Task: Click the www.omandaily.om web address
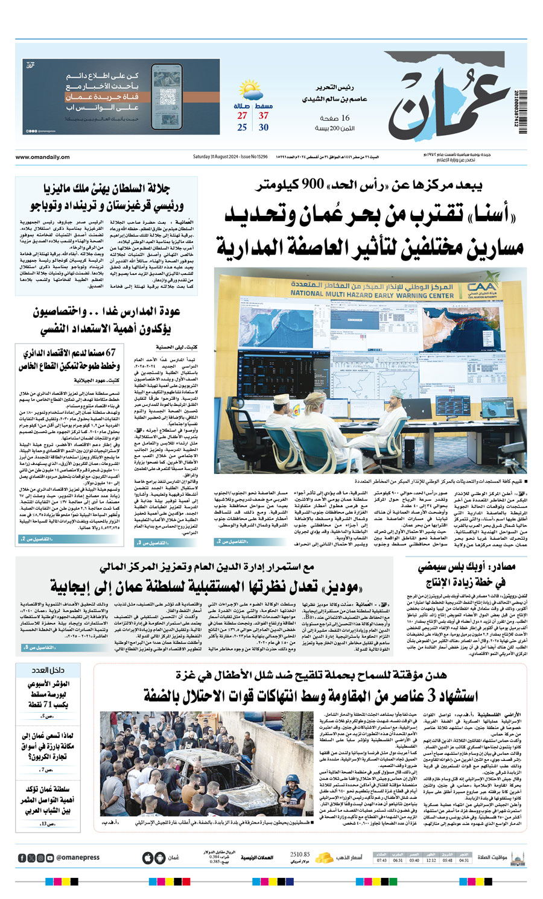coord(43,157)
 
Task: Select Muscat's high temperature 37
coord(264,116)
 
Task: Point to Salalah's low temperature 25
coord(242,128)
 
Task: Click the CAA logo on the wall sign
coord(481,290)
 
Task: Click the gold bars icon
coord(325,857)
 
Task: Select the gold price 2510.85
coord(300,854)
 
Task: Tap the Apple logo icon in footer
coord(147,857)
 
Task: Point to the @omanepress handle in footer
coord(78,857)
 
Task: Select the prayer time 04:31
coord(464,860)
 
